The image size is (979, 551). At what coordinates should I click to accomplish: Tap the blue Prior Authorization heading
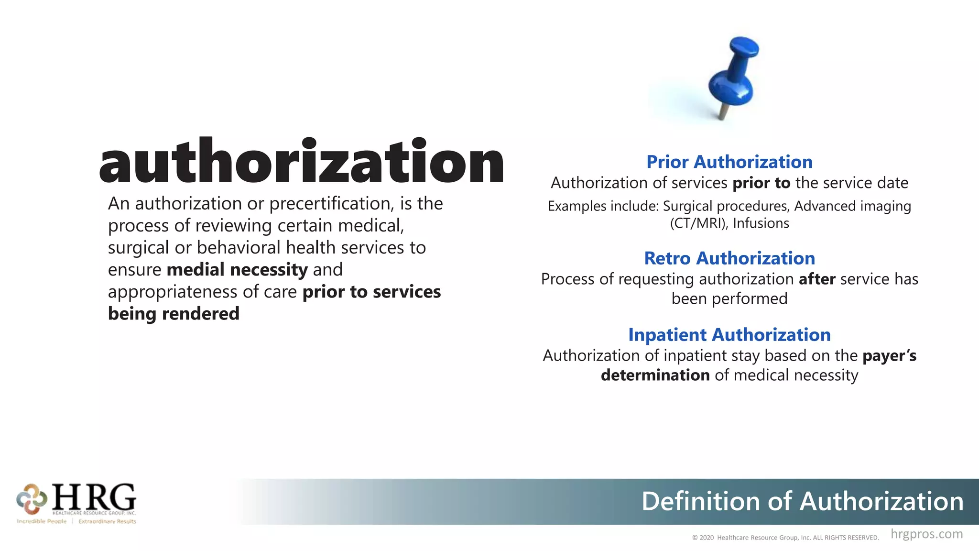(x=729, y=162)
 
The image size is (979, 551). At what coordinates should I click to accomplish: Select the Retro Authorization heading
(x=729, y=258)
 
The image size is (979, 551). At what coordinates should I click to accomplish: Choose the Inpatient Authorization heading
(x=729, y=335)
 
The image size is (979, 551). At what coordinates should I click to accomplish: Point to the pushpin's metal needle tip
(x=722, y=116)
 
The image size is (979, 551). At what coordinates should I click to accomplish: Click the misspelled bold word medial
(x=196, y=270)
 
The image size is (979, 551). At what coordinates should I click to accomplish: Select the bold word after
(x=817, y=279)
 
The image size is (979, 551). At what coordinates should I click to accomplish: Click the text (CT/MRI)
(x=698, y=223)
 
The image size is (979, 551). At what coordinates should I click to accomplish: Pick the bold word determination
(x=655, y=375)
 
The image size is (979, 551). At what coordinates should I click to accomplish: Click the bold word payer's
(x=889, y=356)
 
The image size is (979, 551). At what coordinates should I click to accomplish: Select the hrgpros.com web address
(x=926, y=534)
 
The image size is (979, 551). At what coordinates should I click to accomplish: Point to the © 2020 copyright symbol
(x=695, y=538)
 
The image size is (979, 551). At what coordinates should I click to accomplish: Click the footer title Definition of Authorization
(x=802, y=501)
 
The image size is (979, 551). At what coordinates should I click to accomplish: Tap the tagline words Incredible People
(x=42, y=521)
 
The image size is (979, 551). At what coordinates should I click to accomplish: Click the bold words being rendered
(x=174, y=314)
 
